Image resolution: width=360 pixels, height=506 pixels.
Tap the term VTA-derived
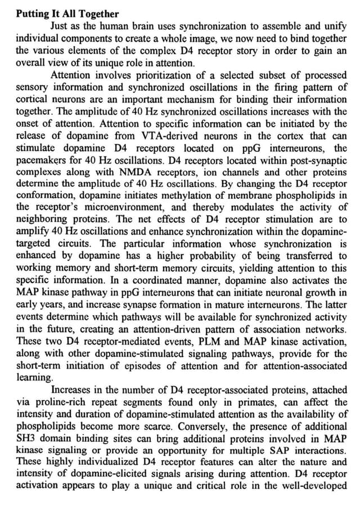[162, 136]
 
